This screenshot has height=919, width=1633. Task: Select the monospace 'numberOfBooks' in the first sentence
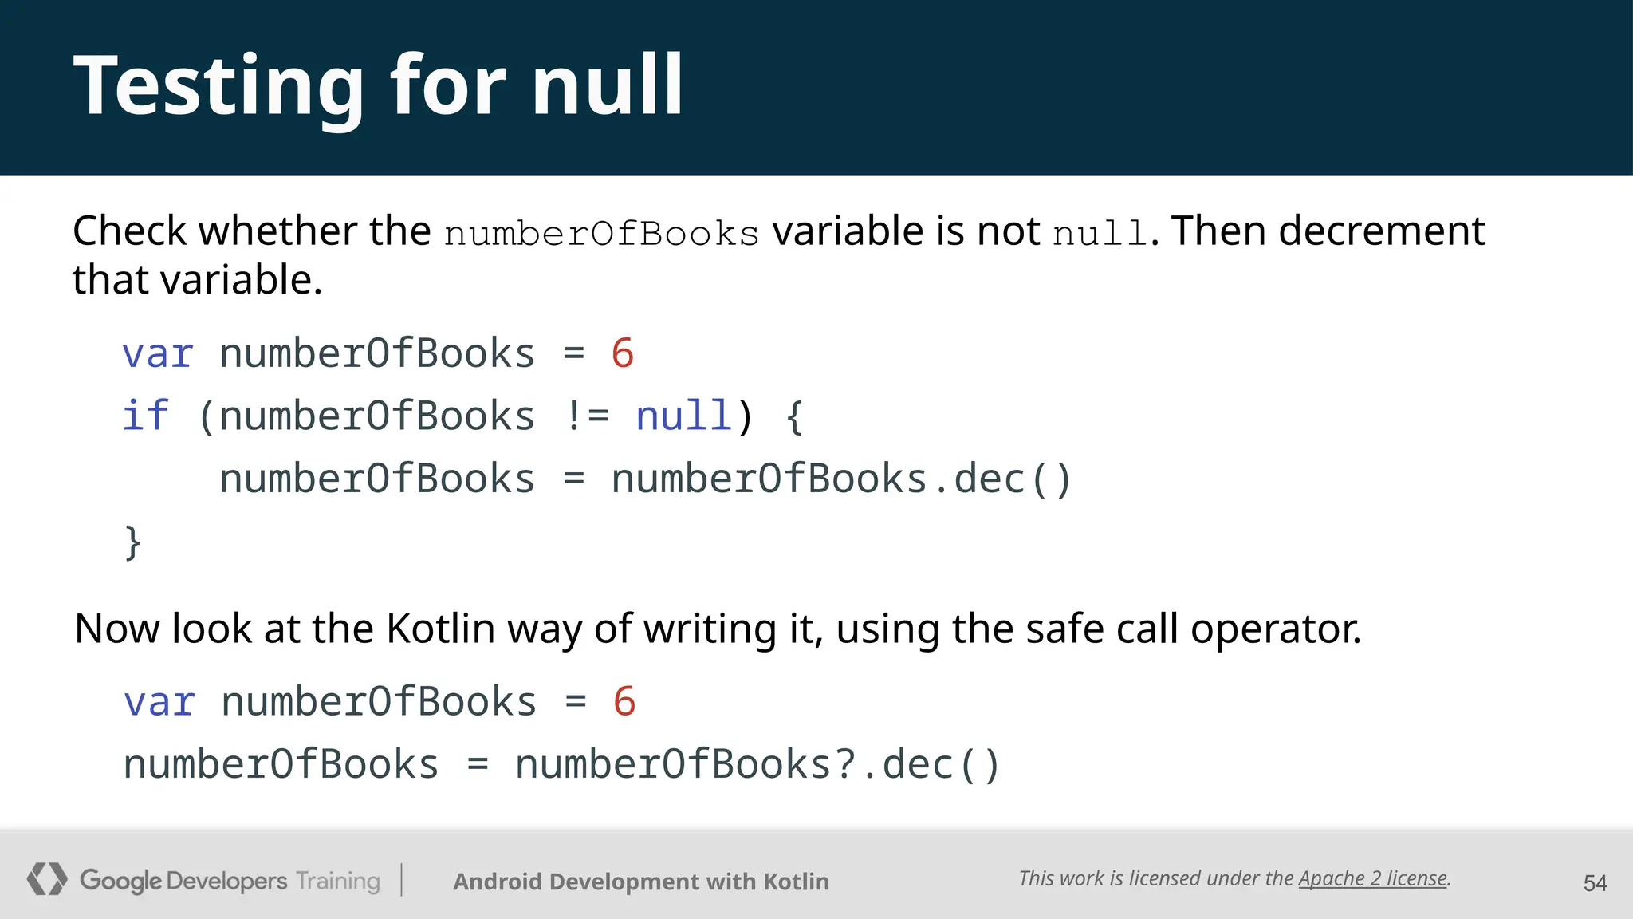point(601,234)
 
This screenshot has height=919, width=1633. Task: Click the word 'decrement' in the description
point(1382,231)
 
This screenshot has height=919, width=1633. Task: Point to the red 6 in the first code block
point(623,353)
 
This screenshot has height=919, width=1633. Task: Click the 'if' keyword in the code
point(146,416)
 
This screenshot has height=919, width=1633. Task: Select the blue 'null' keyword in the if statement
point(683,416)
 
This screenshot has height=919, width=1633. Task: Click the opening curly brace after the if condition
point(794,416)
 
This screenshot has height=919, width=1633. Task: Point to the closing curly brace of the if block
point(132,542)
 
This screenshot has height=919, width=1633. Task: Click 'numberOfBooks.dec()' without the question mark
point(841,479)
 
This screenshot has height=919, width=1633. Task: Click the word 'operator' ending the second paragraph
point(1275,629)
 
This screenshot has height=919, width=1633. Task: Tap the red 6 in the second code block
point(624,702)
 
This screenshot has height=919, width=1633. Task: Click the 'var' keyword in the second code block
point(159,702)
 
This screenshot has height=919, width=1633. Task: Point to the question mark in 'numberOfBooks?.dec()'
point(846,764)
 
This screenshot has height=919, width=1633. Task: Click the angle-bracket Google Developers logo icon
point(47,879)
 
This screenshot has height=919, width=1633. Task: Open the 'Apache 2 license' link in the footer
point(1372,878)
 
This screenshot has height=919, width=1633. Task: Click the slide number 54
point(1595,883)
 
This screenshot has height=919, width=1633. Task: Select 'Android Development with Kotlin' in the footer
point(641,882)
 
